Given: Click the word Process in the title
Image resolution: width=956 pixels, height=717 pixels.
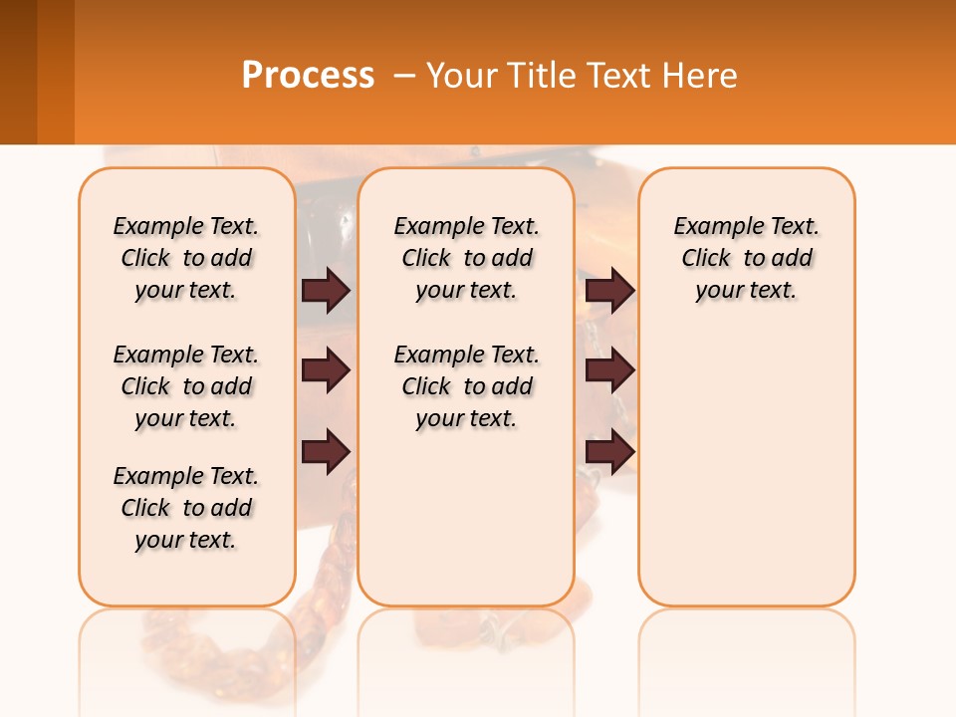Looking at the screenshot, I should [x=308, y=76].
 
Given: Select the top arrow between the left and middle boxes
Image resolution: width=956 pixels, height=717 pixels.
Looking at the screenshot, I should [x=326, y=290].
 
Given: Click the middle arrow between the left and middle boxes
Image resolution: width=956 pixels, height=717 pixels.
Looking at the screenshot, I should [x=326, y=370].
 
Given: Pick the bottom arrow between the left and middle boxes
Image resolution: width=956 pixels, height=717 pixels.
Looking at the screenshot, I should [x=326, y=451].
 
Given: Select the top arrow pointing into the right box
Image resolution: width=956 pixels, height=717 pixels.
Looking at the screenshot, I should [x=609, y=290].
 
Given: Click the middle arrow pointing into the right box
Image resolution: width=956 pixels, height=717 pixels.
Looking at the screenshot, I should [x=609, y=370].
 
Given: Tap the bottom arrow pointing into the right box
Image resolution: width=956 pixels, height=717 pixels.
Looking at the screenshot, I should [x=609, y=451].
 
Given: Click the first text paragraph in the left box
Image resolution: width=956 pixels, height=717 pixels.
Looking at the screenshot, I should [x=186, y=258].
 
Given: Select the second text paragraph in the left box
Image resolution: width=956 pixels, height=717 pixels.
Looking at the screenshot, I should [x=186, y=386].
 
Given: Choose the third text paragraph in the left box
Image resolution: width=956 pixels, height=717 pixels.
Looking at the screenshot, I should [x=186, y=508].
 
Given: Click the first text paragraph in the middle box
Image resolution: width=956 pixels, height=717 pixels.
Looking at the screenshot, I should [x=466, y=258].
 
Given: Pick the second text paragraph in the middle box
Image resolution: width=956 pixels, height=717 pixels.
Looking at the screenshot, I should [x=466, y=386].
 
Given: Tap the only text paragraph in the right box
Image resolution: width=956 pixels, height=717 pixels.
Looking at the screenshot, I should [x=747, y=258].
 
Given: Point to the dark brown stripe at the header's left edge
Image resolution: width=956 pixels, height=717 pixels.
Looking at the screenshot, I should [x=18, y=72].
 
